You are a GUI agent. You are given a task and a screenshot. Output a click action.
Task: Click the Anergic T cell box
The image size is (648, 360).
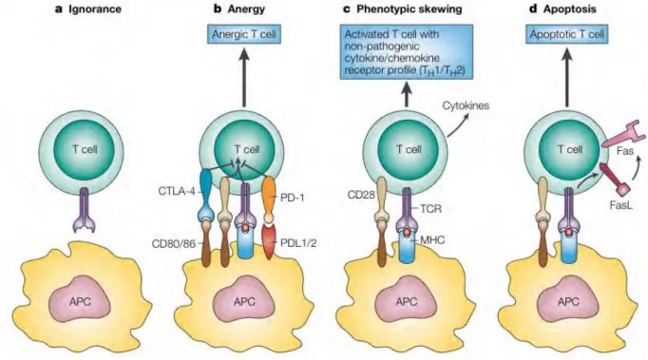coord(244,34)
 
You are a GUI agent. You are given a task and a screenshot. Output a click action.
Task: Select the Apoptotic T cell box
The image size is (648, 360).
coord(566,34)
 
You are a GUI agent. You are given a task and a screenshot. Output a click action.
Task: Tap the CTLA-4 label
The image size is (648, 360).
coord(176,191)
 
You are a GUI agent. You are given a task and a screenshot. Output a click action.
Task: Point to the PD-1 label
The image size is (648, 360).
coord(293,198)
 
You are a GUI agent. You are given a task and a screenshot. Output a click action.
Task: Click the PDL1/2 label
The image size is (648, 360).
coord(298,243)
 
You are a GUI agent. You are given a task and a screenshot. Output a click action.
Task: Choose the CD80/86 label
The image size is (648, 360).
coord(173,243)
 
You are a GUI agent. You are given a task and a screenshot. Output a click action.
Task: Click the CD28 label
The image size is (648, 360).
coord(361,194)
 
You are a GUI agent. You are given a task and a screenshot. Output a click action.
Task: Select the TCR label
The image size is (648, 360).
coord(430,209)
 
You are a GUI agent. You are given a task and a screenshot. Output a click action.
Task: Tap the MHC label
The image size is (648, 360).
coord(432,239)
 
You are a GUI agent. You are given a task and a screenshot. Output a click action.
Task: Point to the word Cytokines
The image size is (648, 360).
coord(466,105)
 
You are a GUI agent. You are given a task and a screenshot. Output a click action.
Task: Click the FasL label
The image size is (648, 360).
coord(621,205)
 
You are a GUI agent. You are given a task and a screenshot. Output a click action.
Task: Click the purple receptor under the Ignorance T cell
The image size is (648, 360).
coord(85,210)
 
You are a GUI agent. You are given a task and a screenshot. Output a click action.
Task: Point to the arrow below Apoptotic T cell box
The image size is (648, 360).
coord(566,77)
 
